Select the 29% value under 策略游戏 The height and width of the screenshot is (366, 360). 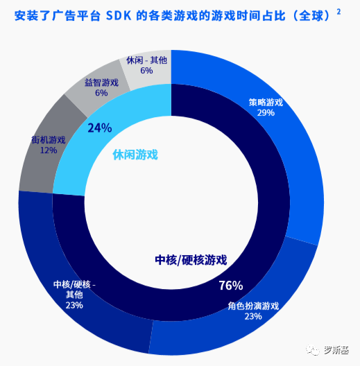tap(266, 113)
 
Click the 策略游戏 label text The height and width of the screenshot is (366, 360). tap(266, 103)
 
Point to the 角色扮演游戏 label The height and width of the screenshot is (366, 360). tap(253, 306)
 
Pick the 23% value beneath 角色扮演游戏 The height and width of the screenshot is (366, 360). tap(253, 316)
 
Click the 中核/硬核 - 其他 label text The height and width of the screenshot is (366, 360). tap(74, 289)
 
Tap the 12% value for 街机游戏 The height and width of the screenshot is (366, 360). tap(49, 150)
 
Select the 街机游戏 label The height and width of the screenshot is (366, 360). tap(49, 139)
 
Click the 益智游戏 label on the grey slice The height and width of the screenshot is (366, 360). tap(101, 82)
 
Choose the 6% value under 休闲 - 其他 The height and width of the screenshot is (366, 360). tap(146, 70)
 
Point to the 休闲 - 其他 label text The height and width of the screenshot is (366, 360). tap(146, 60)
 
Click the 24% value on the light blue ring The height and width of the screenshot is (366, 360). tap(100, 128)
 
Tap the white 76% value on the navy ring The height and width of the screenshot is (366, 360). tap(230, 286)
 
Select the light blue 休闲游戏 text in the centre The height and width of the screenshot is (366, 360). tap(135, 154)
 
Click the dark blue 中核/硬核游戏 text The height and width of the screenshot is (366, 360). tap(191, 260)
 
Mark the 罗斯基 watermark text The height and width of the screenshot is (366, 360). tap(336, 350)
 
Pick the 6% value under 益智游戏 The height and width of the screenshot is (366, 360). tap(101, 93)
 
